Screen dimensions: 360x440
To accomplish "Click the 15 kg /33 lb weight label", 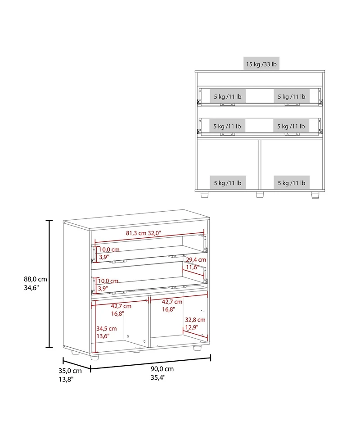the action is pyautogui.click(x=261, y=64).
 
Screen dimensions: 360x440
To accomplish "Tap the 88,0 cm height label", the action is pyautogui.click(x=36, y=279).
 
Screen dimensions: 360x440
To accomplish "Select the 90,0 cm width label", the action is pyautogui.click(x=162, y=369).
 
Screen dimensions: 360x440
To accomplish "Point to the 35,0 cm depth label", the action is pyautogui.click(x=70, y=371).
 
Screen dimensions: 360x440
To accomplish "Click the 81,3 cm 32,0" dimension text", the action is pyautogui.click(x=143, y=233).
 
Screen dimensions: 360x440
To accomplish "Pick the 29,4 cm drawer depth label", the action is pyautogui.click(x=196, y=260).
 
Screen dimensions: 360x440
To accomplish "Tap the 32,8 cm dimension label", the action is pyautogui.click(x=195, y=320).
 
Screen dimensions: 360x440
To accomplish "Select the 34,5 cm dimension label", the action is pyautogui.click(x=107, y=329).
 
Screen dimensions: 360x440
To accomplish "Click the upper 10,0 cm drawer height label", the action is pyautogui.click(x=109, y=249).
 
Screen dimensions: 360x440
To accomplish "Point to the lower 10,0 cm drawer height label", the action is pyautogui.click(x=108, y=281).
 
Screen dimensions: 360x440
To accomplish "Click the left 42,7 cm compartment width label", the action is pyautogui.click(x=121, y=306).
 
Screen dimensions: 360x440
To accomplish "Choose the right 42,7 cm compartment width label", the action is pyautogui.click(x=172, y=302).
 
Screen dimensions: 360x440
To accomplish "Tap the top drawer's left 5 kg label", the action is pyautogui.click(x=228, y=97).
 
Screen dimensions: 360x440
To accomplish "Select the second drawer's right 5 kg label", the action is pyautogui.click(x=291, y=127).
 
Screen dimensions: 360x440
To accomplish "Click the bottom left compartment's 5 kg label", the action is pyautogui.click(x=228, y=183).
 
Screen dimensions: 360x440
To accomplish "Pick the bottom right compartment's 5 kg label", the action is pyautogui.click(x=292, y=183).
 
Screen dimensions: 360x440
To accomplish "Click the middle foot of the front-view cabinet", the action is pyautogui.click(x=260, y=195).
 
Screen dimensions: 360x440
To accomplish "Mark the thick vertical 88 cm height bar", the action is pyautogui.click(x=49, y=284).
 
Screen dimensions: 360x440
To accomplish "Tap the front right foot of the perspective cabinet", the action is pyautogui.click(x=198, y=348).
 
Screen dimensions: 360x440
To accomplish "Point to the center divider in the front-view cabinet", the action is pyautogui.click(x=260, y=164).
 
